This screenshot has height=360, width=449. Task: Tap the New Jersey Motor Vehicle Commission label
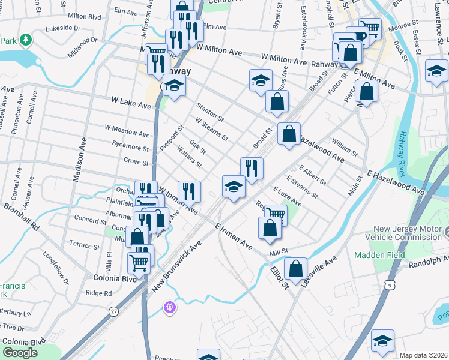(411, 233)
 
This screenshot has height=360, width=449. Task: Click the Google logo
(20, 353)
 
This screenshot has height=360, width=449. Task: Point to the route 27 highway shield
(113, 311)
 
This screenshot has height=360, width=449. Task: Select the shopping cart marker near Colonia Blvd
(139, 260)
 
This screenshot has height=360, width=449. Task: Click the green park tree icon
(26, 40)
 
